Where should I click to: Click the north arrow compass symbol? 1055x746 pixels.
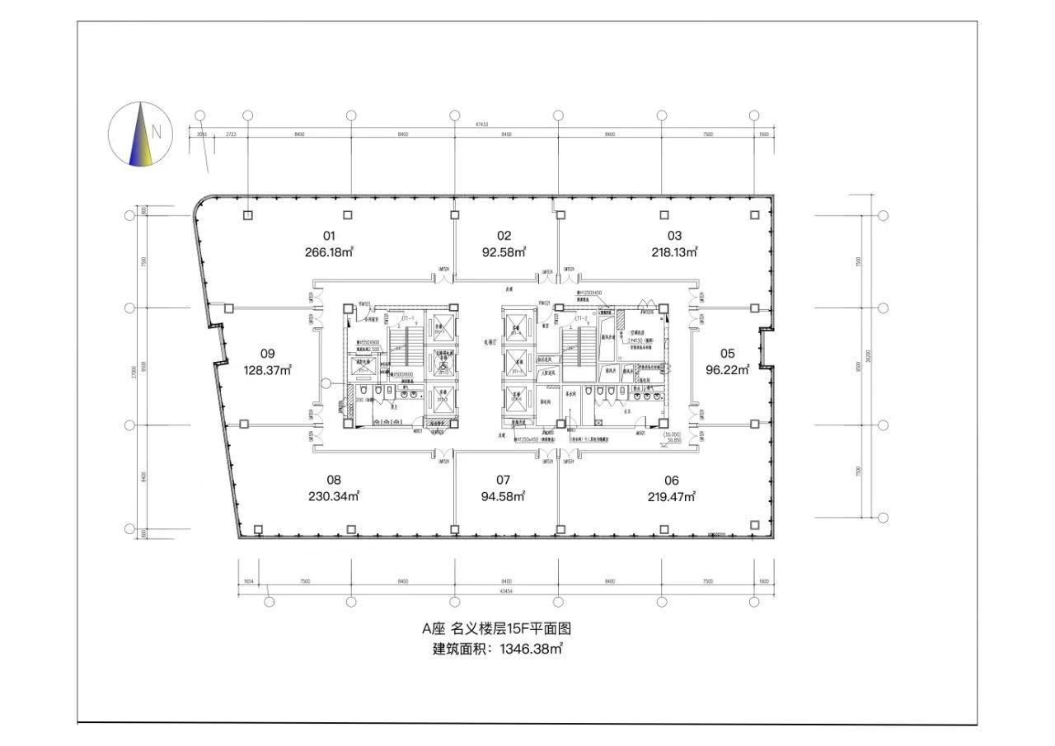(x=140, y=133)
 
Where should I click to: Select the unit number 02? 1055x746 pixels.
(x=504, y=236)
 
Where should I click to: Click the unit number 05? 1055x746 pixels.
(x=727, y=354)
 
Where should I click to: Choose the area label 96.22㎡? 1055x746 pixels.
(x=727, y=370)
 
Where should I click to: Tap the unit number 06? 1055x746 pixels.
(x=672, y=480)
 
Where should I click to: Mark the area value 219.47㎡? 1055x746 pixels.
(x=672, y=496)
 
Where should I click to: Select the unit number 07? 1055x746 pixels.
(x=504, y=480)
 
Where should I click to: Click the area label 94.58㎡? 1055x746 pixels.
(x=504, y=496)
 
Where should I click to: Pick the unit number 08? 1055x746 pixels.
(x=333, y=480)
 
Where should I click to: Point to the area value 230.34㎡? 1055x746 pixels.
(x=333, y=496)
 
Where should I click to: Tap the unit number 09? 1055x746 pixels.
(x=267, y=354)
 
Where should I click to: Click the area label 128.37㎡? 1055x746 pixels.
(x=268, y=370)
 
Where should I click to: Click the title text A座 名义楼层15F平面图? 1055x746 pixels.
(x=497, y=628)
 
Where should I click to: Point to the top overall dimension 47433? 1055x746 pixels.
(x=481, y=124)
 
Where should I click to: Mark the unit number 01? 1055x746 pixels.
(x=330, y=236)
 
